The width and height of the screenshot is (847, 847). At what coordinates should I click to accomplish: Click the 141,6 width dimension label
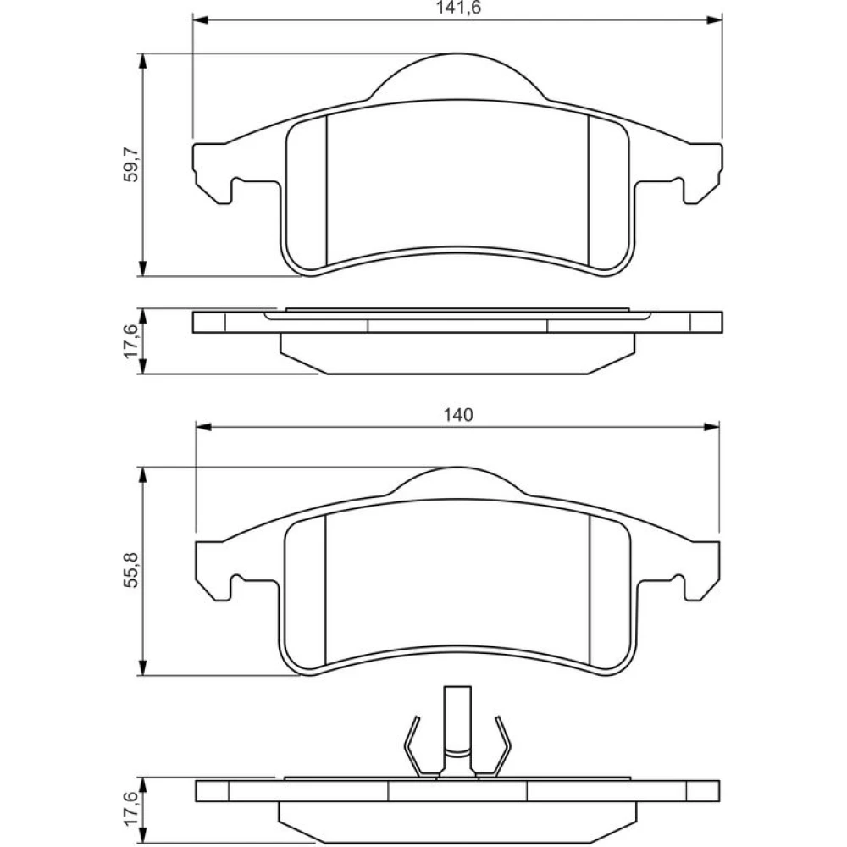point(458,8)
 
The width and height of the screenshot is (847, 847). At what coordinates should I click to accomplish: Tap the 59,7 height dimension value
point(131,165)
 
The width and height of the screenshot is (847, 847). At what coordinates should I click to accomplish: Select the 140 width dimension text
point(458,415)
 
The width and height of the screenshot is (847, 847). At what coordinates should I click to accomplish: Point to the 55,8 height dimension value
point(131,570)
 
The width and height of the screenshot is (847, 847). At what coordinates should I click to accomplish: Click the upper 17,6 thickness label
point(131,340)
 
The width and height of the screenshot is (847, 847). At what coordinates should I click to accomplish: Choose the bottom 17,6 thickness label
point(131,809)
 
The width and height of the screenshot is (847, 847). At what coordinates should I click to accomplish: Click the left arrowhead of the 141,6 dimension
point(201,20)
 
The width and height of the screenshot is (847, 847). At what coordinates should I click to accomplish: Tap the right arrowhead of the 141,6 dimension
point(715,20)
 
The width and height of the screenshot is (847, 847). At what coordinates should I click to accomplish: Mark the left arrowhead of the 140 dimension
point(203,427)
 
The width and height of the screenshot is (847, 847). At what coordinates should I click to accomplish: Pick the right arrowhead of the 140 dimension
point(711,427)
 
